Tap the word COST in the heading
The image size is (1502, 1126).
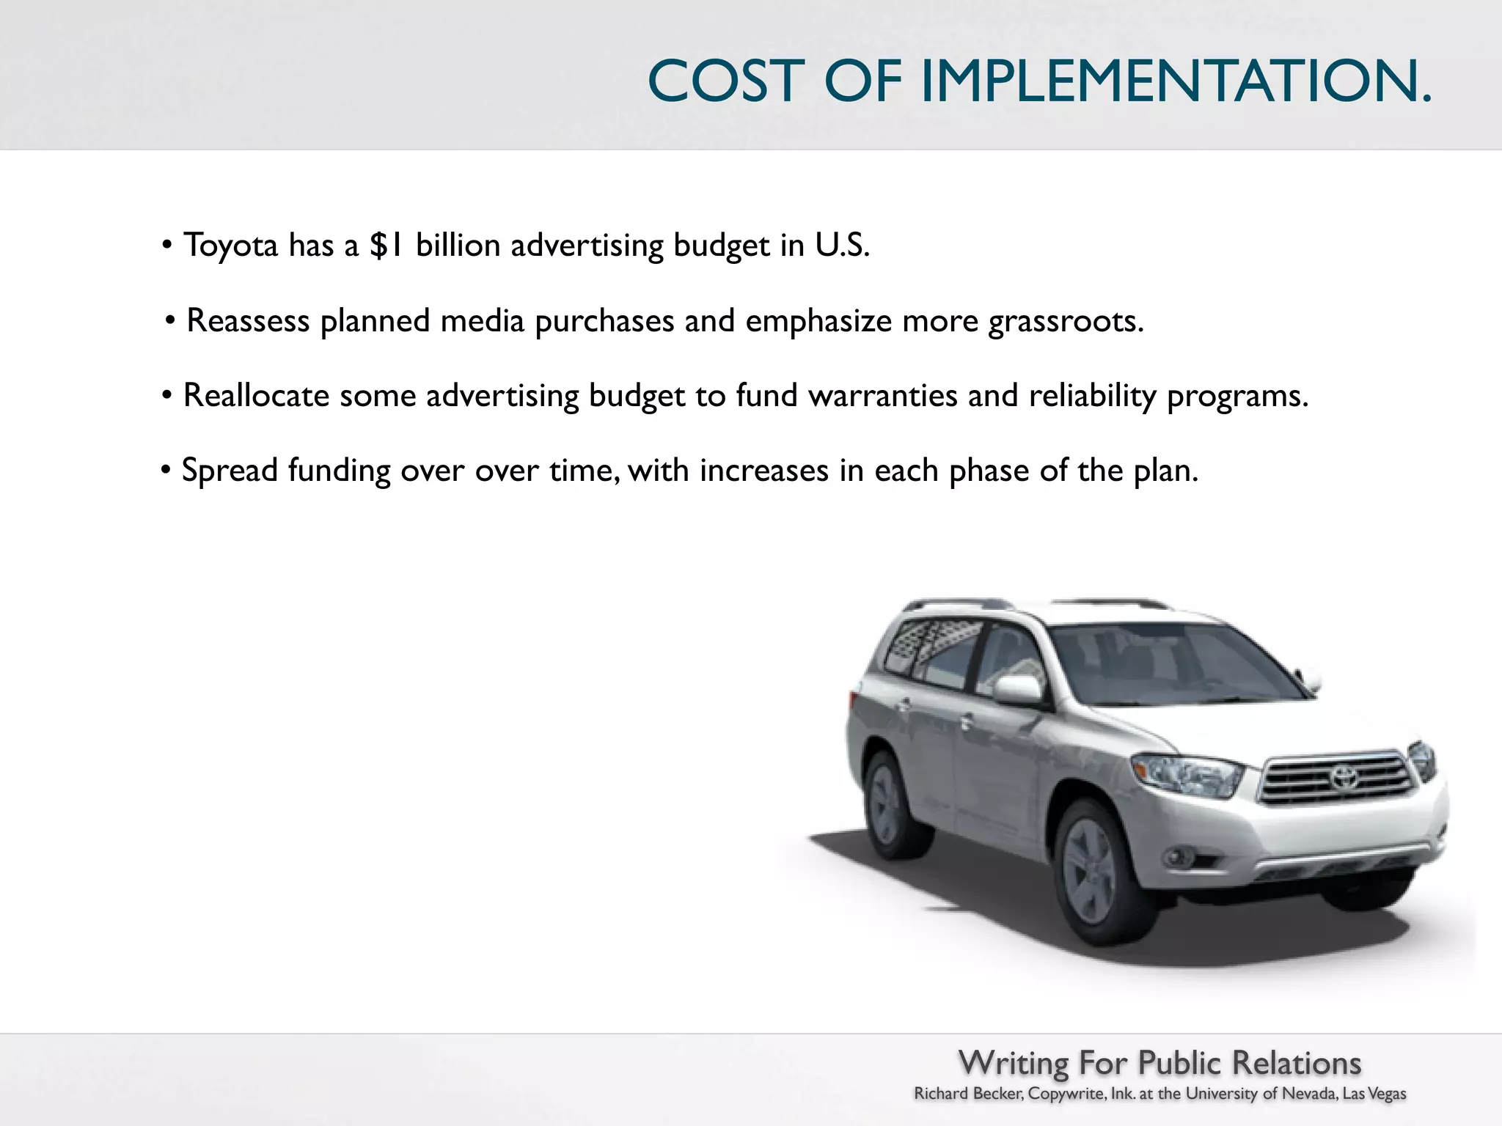click(x=726, y=81)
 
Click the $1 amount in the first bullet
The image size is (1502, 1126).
click(x=387, y=245)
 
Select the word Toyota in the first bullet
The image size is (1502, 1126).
click(x=230, y=246)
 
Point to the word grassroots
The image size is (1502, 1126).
click(x=1065, y=322)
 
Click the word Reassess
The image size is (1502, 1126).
click(x=248, y=321)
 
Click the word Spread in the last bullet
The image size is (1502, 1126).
click(x=229, y=471)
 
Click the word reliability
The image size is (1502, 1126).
click(x=1092, y=396)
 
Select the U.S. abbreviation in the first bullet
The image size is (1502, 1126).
click(x=842, y=245)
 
